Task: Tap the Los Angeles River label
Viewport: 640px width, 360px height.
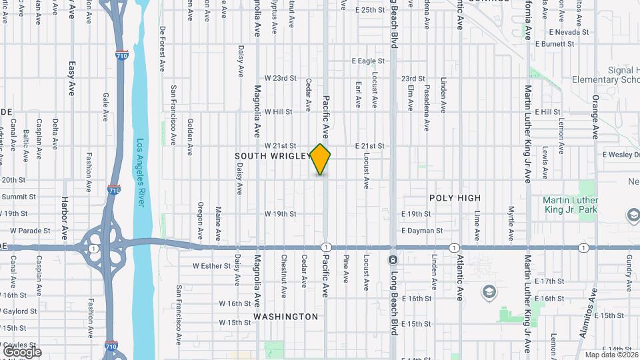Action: point(140,173)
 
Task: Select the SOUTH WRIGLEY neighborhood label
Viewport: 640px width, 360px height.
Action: point(272,156)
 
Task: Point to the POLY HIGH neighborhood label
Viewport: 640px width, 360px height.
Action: point(455,198)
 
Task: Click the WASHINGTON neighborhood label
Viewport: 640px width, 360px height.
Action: point(285,317)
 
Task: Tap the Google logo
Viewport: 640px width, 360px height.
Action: point(22,352)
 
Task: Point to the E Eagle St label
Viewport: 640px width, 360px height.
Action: point(369,61)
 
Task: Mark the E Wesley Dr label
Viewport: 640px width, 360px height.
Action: point(620,155)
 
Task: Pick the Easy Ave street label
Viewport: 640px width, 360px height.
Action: point(72,79)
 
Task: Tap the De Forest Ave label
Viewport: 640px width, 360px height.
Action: point(162,49)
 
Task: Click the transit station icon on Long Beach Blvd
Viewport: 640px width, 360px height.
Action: point(393,259)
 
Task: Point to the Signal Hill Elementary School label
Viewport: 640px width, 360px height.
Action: point(605,75)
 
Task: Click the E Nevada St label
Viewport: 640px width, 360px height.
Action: point(569,31)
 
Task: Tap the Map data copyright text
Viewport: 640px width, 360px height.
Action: point(609,354)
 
